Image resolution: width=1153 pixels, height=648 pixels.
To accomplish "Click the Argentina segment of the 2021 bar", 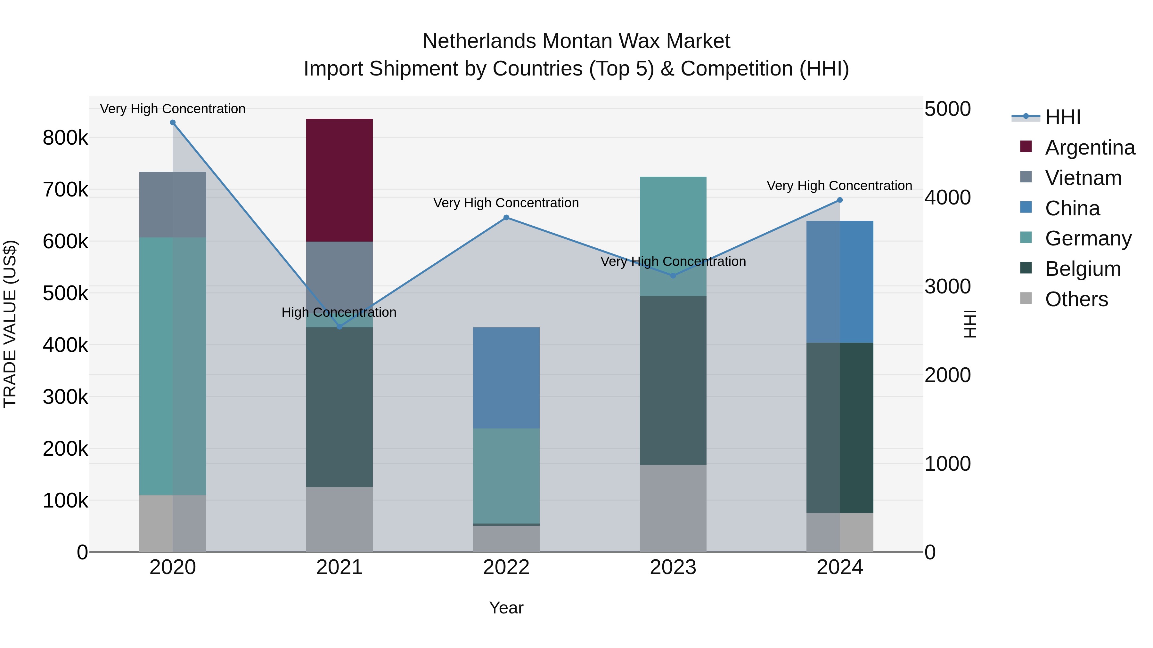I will (x=339, y=180).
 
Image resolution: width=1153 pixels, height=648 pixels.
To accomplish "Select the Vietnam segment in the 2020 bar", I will (x=172, y=204).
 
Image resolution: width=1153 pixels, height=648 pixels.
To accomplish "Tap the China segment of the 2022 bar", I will (x=506, y=378).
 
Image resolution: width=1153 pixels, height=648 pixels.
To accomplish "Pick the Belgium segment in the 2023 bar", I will (x=673, y=380).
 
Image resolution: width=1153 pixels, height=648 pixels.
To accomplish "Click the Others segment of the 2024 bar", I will (x=840, y=532).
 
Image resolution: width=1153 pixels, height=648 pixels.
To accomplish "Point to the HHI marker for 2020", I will (x=173, y=123).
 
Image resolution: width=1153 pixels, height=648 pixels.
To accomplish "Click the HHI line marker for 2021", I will (x=339, y=327).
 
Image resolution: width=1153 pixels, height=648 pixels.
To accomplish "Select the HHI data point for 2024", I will (x=840, y=200).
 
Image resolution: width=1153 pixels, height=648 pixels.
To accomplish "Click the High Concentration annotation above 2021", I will (x=339, y=312).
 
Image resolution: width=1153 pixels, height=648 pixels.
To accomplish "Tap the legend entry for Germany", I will (x=1088, y=238).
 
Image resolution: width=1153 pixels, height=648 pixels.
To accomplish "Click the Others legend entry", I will (x=1076, y=299).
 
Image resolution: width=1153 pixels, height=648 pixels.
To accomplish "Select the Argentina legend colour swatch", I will (x=1026, y=147).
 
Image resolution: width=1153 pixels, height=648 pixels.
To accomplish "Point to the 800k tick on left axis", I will (x=65, y=138).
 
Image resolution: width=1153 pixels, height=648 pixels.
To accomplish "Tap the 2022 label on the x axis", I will (x=506, y=567).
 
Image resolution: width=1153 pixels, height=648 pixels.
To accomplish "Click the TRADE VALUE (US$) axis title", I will (x=10, y=324).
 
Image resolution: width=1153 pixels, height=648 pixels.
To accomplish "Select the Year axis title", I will (x=506, y=608).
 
